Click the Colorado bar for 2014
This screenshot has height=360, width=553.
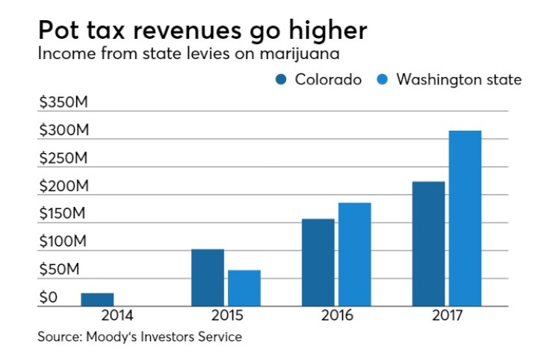(x=97, y=300)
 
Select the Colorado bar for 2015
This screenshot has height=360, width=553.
(x=208, y=277)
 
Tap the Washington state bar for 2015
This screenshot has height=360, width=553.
(x=244, y=288)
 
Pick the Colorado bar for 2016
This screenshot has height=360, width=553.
(x=318, y=262)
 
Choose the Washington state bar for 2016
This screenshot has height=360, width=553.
(x=354, y=254)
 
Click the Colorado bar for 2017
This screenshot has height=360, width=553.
(x=428, y=243)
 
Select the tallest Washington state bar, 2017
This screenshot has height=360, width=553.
(x=465, y=218)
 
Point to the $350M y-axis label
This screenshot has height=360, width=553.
(x=64, y=103)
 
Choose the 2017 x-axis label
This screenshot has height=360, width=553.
(x=446, y=315)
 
